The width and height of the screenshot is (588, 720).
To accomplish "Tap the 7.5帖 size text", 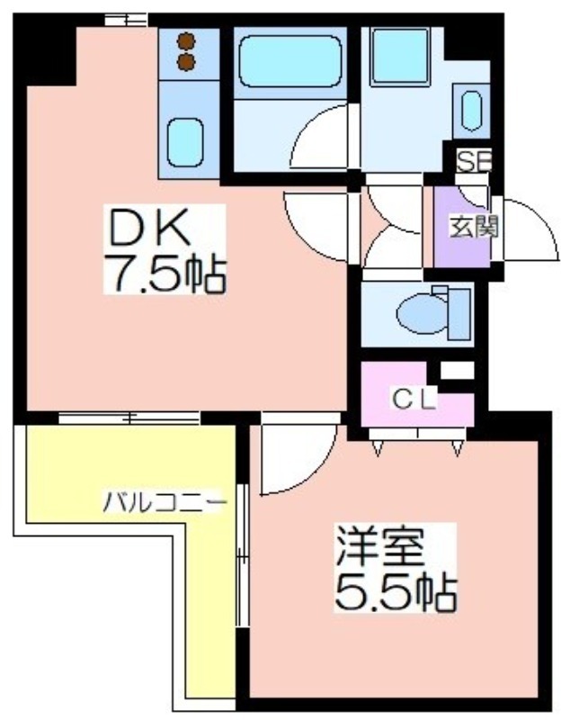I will (x=163, y=274).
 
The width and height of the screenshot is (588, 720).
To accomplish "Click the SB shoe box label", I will (x=474, y=162).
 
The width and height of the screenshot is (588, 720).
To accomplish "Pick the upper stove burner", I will (x=187, y=41).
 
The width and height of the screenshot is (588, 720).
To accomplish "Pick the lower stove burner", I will (x=187, y=61).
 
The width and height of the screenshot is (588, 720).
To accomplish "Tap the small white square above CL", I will (x=456, y=369).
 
